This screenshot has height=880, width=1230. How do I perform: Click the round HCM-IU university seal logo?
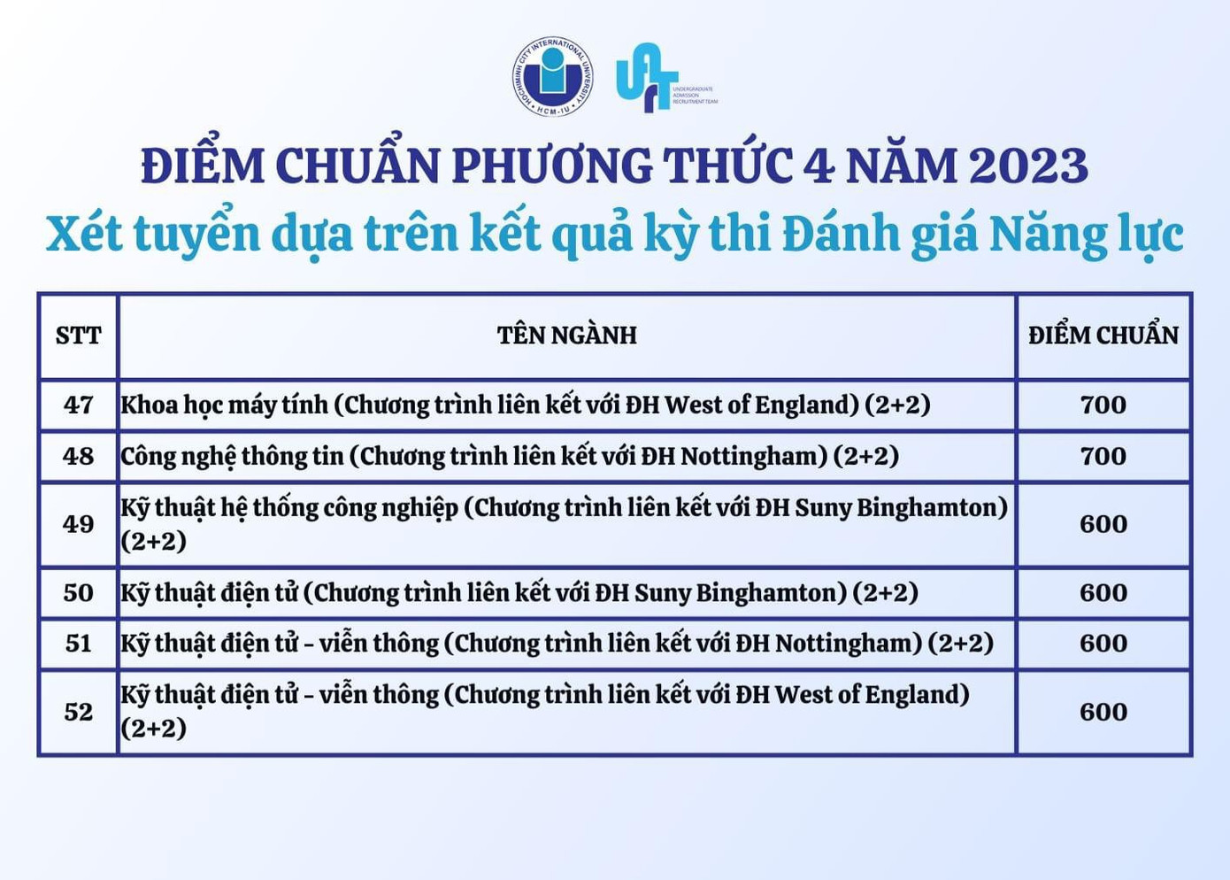coord(553,76)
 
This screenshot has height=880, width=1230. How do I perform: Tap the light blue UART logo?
coord(666,77)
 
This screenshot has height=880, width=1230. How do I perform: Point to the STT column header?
coord(79,335)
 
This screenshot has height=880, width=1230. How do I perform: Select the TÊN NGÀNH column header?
coord(566,335)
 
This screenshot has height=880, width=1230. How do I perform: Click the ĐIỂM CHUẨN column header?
coord(1103,334)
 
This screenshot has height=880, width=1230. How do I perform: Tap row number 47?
coord(79,405)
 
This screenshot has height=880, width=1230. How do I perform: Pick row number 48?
coord(79,456)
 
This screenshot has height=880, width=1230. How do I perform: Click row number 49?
coord(79,524)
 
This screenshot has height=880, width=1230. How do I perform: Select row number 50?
coord(79,592)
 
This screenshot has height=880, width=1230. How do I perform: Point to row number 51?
coord(79,644)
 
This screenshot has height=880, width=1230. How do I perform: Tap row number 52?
coord(79,712)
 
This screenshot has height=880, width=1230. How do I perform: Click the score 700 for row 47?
coord(1103,405)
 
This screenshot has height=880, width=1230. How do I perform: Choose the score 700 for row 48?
coord(1103,456)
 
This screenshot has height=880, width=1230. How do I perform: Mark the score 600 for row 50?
coord(1103,592)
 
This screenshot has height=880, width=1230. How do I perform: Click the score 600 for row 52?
coord(1103,712)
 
